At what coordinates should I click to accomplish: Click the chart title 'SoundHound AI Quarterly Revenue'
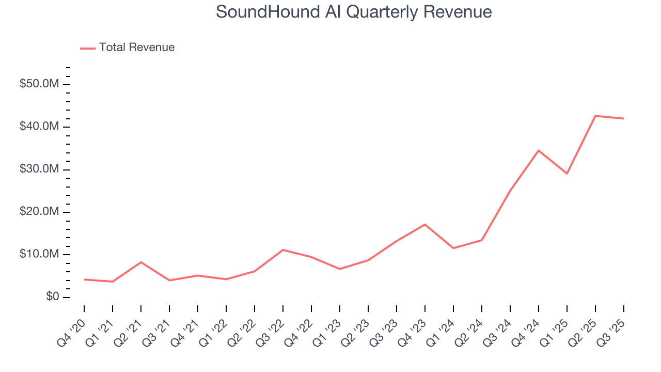click(354, 12)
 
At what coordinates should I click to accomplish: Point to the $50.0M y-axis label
click(39, 84)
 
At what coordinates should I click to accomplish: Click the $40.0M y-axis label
click(39, 127)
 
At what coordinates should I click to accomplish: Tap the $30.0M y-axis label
click(39, 169)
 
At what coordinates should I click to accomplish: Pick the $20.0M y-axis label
click(39, 212)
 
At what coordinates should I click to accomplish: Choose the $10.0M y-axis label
click(39, 254)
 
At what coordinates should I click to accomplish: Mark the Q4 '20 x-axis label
click(74, 326)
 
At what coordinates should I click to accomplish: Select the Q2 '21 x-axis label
click(131, 326)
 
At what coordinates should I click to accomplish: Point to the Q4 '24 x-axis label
click(529, 326)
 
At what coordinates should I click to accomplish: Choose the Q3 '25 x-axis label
click(614, 326)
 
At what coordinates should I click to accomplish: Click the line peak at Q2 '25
click(595, 116)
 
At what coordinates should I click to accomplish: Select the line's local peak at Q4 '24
click(539, 150)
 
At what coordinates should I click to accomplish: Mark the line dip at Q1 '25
click(567, 174)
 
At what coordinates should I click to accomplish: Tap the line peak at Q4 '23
click(425, 224)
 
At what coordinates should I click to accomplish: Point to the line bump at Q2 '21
click(141, 262)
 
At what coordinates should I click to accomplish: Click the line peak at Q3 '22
click(283, 250)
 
